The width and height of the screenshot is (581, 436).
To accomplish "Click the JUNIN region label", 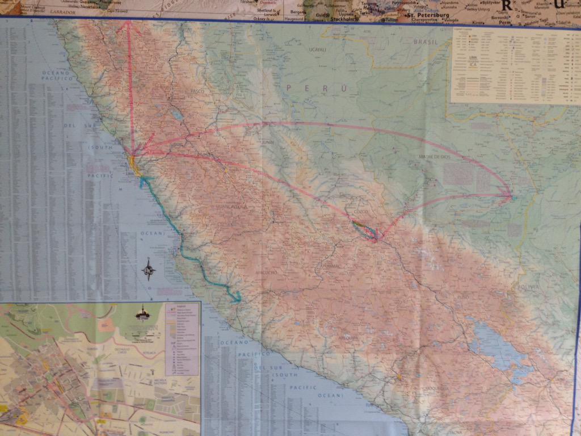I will (x=268, y=143).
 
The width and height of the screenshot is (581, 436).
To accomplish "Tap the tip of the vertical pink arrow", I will (x=129, y=22).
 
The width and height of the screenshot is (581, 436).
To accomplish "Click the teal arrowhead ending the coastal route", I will (x=237, y=299).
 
